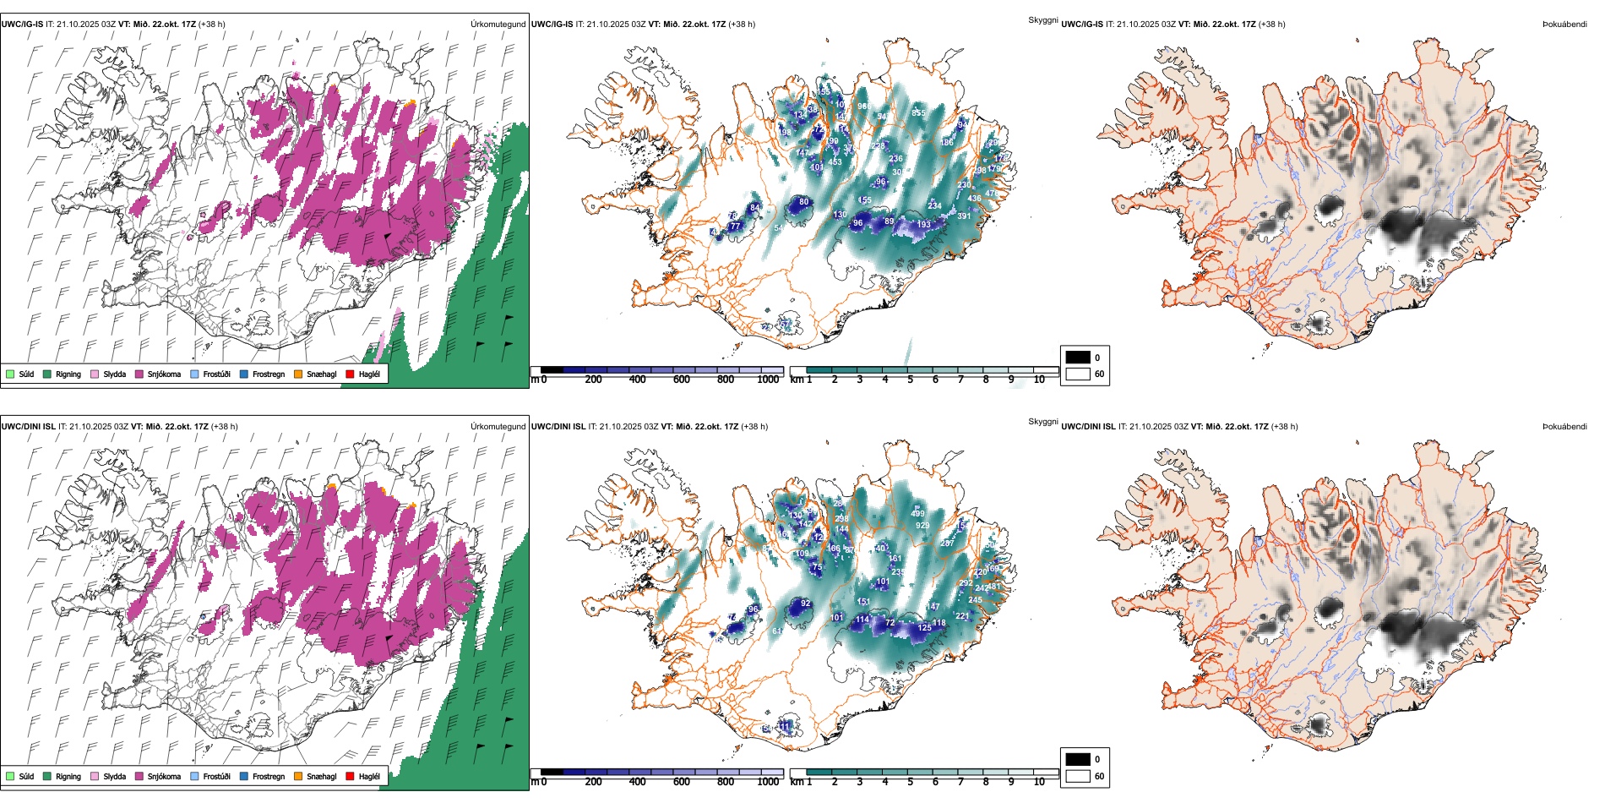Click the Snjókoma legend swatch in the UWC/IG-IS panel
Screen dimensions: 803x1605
pos(139,374)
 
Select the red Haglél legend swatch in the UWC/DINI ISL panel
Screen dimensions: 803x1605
pos(350,776)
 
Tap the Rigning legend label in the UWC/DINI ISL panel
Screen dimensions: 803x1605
pos(68,776)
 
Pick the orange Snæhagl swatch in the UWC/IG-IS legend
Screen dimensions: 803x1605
pos(298,374)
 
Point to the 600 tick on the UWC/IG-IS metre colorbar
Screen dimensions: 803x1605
pos(682,380)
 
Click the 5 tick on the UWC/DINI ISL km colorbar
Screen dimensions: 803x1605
pos(911,782)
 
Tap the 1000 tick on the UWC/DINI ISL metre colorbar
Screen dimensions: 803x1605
pos(768,782)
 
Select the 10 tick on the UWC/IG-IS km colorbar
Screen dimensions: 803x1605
pos(1039,380)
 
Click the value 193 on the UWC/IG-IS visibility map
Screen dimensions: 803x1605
pos(924,224)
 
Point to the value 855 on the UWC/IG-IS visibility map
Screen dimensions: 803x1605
pos(918,112)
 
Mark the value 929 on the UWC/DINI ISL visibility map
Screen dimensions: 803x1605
pos(922,526)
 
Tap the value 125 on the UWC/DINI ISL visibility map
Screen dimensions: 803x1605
pos(925,627)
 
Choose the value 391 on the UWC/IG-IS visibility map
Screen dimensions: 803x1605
pos(964,216)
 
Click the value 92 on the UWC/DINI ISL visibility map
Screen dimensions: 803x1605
pos(805,604)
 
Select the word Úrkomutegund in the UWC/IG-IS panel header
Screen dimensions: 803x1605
pos(498,25)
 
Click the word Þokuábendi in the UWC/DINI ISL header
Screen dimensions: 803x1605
pos(1564,427)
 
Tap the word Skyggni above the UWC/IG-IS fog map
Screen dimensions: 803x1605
pos(1042,19)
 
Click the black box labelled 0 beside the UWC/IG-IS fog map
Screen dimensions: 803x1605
pos(1078,358)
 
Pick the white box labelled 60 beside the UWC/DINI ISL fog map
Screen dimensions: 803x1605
pos(1078,776)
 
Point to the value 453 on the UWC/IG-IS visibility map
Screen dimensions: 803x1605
pos(835,162)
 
